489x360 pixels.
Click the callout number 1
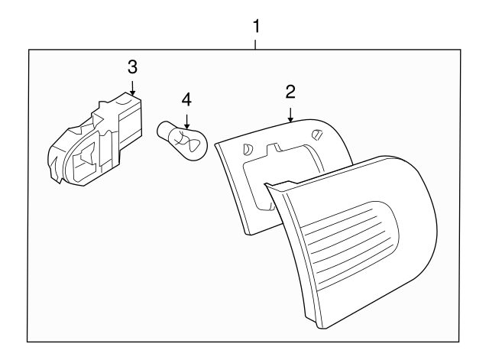tap(256, 26)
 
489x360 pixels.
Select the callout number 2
tap(290, 92)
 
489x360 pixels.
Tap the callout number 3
tap(132, 66)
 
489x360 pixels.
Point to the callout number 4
tap(186, 100)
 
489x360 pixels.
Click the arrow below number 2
tap(290, 114)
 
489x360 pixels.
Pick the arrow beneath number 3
tap(132, 87)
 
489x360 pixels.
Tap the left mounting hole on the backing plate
tap(246, 150)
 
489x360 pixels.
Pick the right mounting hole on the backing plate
tap(316, 135)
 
